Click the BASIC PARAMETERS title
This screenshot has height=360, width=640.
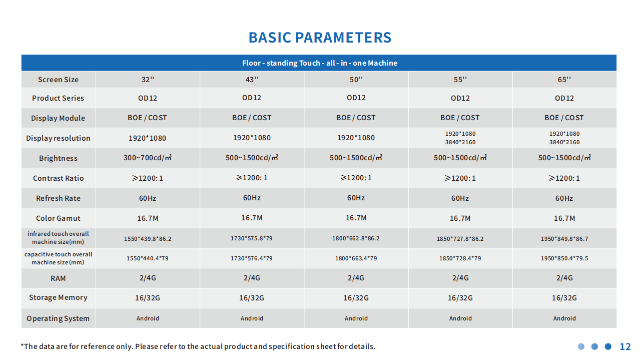(x=320, y=38)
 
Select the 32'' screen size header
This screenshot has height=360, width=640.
(x=148, y=80)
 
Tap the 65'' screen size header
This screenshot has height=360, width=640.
(x=564, y=80)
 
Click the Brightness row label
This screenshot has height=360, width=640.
(x=58, y=158)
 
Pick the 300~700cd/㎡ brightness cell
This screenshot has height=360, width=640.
(x=148, y=158)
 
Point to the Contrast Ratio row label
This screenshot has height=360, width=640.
(x=58, y=178)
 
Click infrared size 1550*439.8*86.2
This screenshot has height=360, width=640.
(x=148, y=239)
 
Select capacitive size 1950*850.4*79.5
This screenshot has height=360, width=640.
(x=564, y=258)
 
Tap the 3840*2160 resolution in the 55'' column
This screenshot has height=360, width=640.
(x=460, y=142)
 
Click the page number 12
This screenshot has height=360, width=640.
(x=625, y=346)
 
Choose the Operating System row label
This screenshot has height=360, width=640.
(x=58, y=318)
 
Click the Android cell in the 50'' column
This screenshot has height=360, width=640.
(x=356, y=318)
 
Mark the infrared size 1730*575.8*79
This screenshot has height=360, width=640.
(x=251, y=238)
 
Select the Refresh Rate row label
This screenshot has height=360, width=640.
(x=58, y=198)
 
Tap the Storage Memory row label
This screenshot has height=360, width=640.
(x=58, y=297)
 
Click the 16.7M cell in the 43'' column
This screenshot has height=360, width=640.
(x=251, y=218)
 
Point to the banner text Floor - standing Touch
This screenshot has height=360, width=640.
(x=281, y=63)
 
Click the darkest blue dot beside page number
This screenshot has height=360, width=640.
(x=608, y=346)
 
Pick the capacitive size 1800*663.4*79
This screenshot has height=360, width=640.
(x=356, y=258)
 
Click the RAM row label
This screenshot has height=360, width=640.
(x=58, y=278)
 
